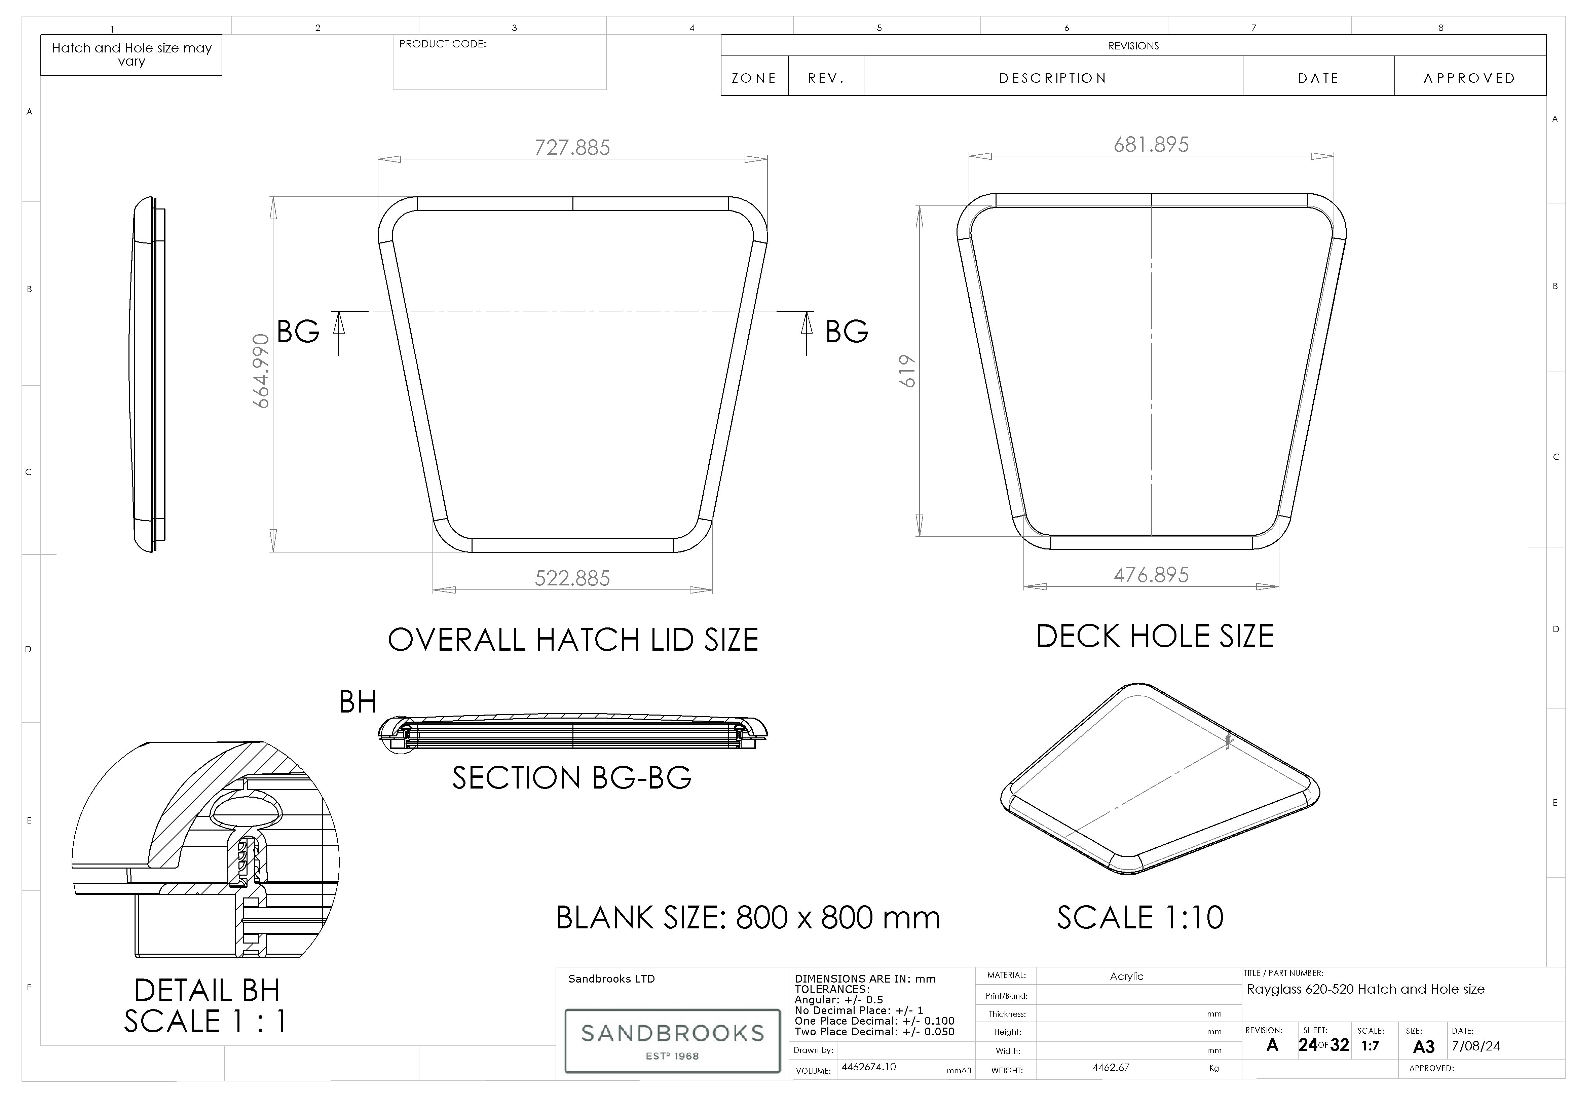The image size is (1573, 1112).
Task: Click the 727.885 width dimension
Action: [x=572, y=147]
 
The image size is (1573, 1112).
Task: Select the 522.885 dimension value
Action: [x=572, y=578]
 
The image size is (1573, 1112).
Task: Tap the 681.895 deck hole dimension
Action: [x=1151, y=145]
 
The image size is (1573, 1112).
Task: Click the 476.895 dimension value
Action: [x=1151, y=575]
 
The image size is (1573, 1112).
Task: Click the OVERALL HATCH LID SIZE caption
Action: [x=573, y=640]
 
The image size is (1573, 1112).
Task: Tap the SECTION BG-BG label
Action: [x=571, y=778]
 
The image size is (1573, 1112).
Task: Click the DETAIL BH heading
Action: [x=207, y=991]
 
